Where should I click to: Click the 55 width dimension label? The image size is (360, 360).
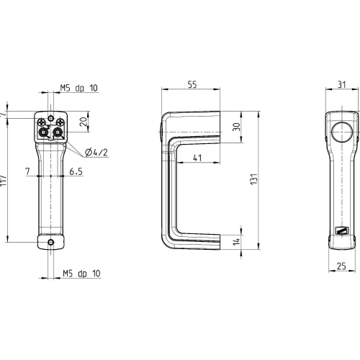point(192,84)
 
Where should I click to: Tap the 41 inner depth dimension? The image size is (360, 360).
point(197,158)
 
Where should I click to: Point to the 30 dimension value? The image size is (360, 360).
point(237,127)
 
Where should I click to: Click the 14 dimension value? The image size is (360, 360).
point(237,241)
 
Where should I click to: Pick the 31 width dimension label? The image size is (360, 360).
point(342,85)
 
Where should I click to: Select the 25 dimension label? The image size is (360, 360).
point(341,266)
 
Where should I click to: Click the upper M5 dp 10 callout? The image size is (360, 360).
point(78,88)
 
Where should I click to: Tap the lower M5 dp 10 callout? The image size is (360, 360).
point(81,274)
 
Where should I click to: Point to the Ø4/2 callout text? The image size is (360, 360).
point(96,152)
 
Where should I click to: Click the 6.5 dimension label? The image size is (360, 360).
point(76,171)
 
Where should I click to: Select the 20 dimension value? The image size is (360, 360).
point(84,122)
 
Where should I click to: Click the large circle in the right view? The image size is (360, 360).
point(342,132)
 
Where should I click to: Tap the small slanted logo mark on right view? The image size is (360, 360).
point(342,230)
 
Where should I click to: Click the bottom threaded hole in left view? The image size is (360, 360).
point(50,242)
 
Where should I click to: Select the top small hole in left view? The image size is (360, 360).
point(50,118)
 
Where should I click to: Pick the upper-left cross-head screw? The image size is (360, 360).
point(42,122)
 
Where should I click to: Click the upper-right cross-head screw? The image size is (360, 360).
point(60,122)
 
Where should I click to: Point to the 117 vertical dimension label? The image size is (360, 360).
point(3,180)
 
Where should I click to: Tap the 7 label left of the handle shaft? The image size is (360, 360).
point(28,171)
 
